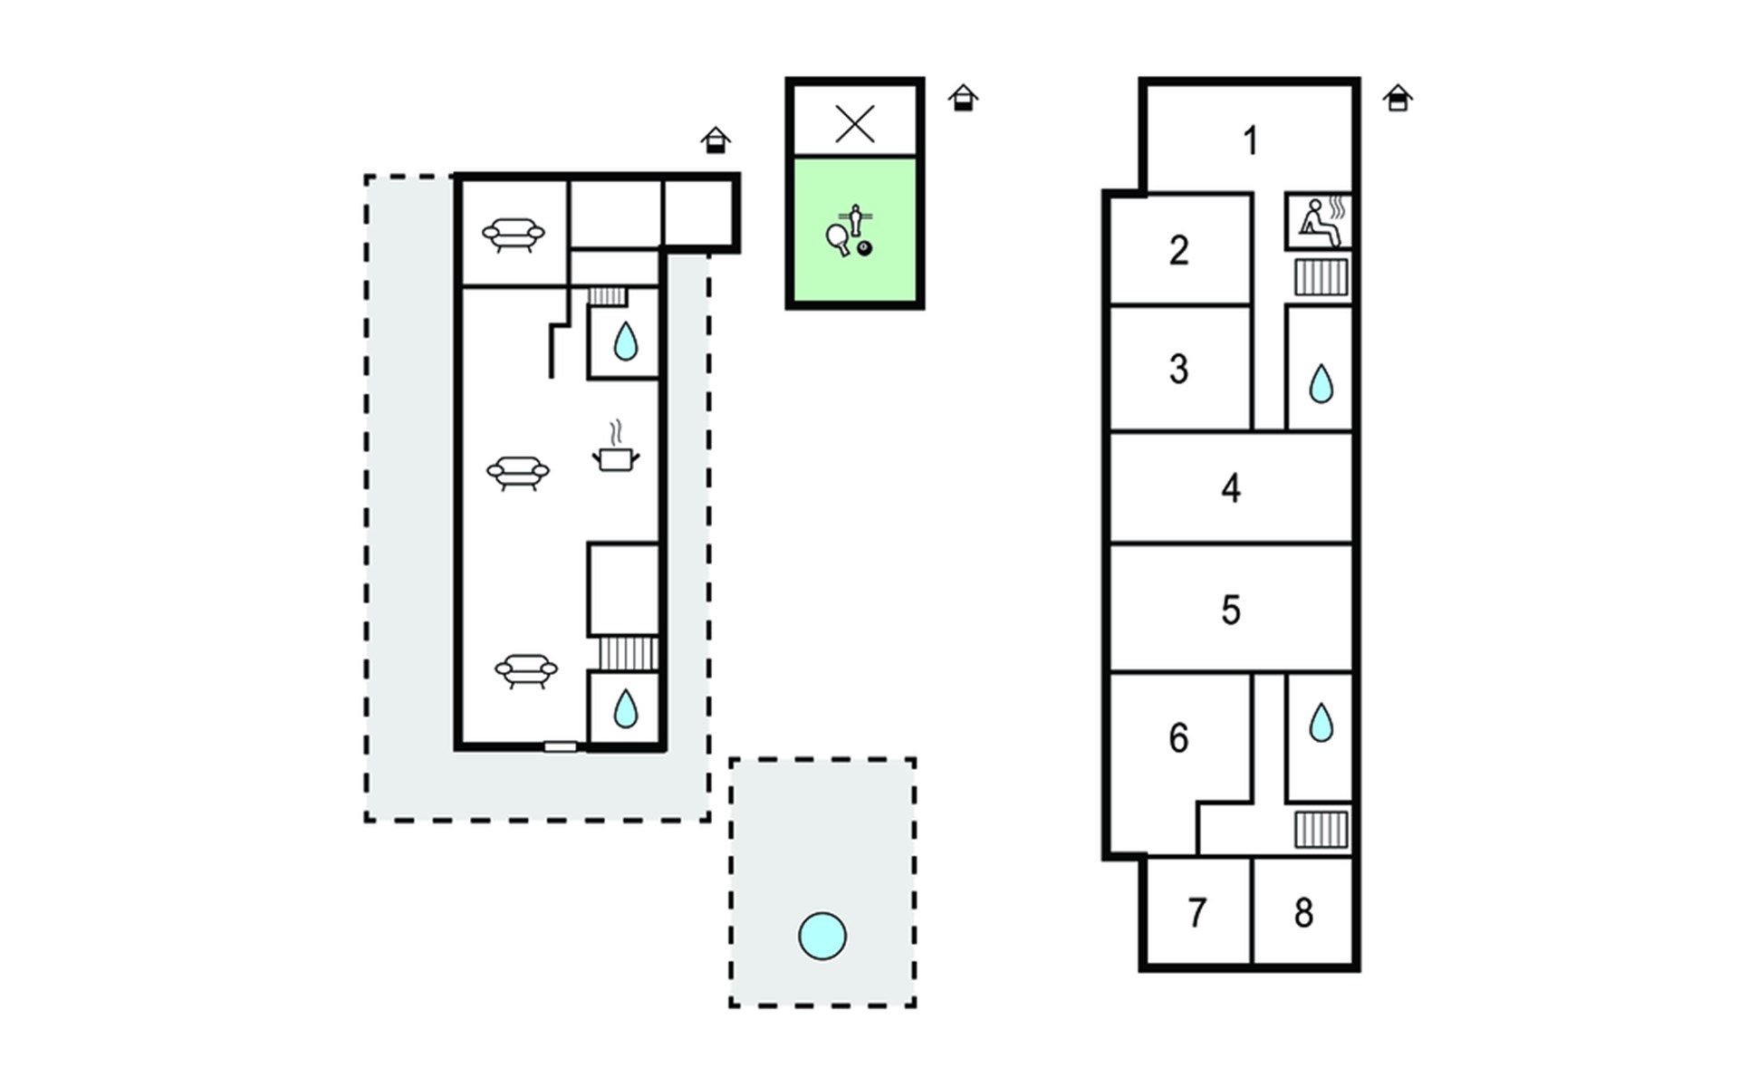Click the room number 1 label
coord(1251,141)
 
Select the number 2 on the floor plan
coord(1178,250)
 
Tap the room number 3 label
coord(1178,369)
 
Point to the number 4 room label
coord(1230,488)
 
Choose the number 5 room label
coord(1230,610)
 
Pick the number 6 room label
coord(1178,738)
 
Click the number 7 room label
coord(1197,913)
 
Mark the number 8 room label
coord(1303,913)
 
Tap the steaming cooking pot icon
coord(616,447)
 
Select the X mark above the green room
coord(855,124)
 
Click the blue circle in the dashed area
coord(822,936)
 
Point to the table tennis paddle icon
coord(838,239)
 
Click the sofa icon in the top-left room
coord(514,235)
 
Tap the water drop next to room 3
coord(1321,384)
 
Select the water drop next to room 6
coord(1321,723)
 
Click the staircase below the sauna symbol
coord(1321,277)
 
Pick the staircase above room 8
coord(1321,829)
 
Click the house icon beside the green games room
coord(964,98)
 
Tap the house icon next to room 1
coord(1398,98)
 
